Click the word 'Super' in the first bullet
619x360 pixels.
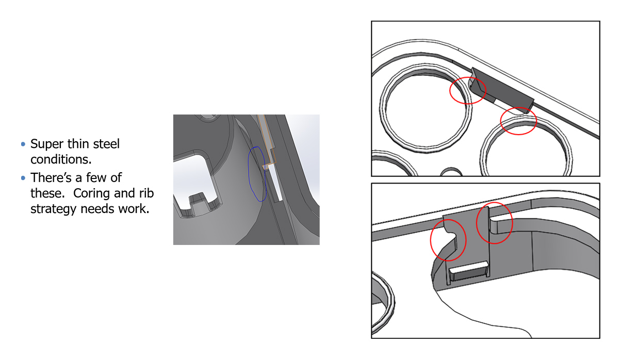47,144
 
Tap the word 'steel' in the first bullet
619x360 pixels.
106,144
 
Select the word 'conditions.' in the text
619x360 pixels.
61,159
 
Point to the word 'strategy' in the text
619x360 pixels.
53,209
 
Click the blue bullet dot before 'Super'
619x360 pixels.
23,144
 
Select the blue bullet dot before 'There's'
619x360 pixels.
23,178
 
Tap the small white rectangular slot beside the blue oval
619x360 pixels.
275,183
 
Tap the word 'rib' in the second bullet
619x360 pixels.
146,193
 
